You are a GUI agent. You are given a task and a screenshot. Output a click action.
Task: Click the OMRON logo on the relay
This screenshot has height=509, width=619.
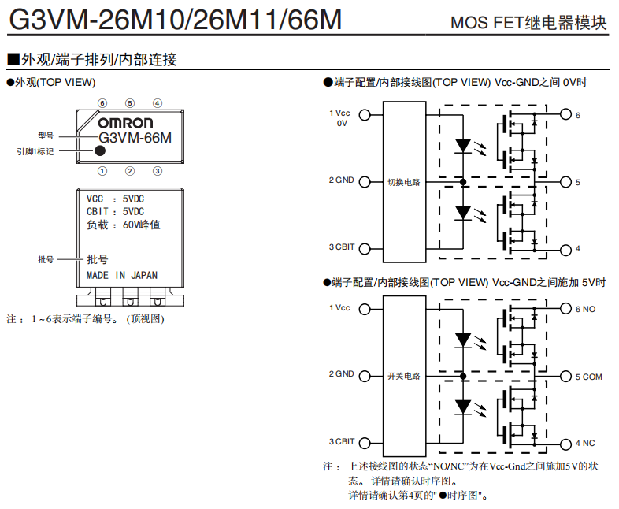[125, 123]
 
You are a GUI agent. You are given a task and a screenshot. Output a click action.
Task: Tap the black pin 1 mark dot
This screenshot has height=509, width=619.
[101, 150]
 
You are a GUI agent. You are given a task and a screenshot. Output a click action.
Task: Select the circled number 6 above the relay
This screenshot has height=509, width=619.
[102, 103]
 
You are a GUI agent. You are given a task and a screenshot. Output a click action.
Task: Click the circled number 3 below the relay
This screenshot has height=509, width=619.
[158, 170]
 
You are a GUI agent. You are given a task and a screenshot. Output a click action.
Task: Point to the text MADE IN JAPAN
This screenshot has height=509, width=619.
[122, 276]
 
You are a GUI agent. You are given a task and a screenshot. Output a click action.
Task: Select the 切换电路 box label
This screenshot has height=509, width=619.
[403, 182]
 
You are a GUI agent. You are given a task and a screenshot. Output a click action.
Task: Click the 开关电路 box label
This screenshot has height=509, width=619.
[403, 376]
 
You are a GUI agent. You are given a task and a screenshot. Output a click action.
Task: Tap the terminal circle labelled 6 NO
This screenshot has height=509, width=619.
[565, 309]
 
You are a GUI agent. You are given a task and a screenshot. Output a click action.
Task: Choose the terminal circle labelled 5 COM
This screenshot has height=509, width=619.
[565, 376]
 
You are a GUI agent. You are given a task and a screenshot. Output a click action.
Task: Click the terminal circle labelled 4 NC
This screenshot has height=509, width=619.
[565, 443]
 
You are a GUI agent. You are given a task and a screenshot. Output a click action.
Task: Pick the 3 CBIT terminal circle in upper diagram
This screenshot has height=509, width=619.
[364, 249]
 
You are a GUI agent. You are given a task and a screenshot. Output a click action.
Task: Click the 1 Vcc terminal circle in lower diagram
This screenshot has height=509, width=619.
[364, 309]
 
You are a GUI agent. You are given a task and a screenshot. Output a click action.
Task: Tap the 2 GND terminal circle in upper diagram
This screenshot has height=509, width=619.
[364, 182]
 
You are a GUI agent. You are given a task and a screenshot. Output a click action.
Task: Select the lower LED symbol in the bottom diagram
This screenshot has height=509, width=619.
[464, 407]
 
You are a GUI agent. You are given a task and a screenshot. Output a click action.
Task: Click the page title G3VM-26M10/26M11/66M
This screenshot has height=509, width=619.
[174, 19]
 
